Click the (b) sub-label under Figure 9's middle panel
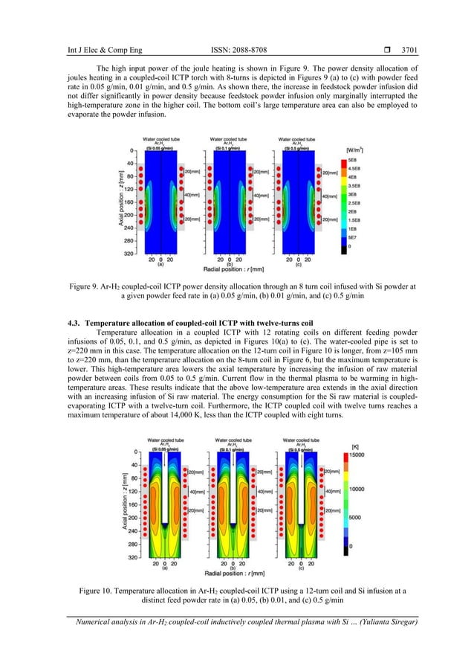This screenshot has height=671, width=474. [230, 263]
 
